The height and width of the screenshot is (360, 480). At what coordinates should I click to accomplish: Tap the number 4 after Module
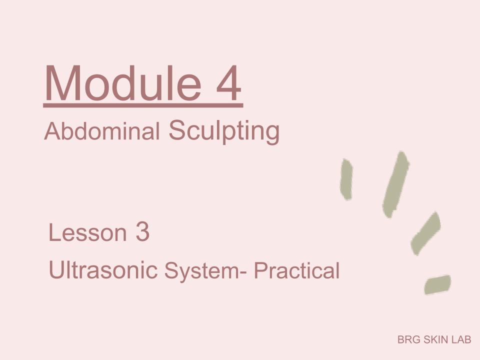(228, 83)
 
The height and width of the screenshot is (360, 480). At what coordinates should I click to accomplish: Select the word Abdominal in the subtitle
(102, 131)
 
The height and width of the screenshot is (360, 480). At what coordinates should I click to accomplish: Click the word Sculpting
(224, 131)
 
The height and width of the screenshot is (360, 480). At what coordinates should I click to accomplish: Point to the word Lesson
(87, 232)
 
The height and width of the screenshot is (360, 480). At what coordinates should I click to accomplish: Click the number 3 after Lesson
(142, 232)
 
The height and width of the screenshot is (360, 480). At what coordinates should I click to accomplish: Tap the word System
(201, 270)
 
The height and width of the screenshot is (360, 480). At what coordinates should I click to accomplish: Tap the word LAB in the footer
(461, 339)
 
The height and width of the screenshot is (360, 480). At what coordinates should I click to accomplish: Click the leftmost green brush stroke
(346, 179)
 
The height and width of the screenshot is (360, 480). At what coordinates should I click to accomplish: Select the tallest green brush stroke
(396, 184)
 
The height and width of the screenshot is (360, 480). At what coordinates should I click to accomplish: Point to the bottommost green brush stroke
(437, 284)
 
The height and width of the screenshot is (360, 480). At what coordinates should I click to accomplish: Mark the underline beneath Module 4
(143, 105)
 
